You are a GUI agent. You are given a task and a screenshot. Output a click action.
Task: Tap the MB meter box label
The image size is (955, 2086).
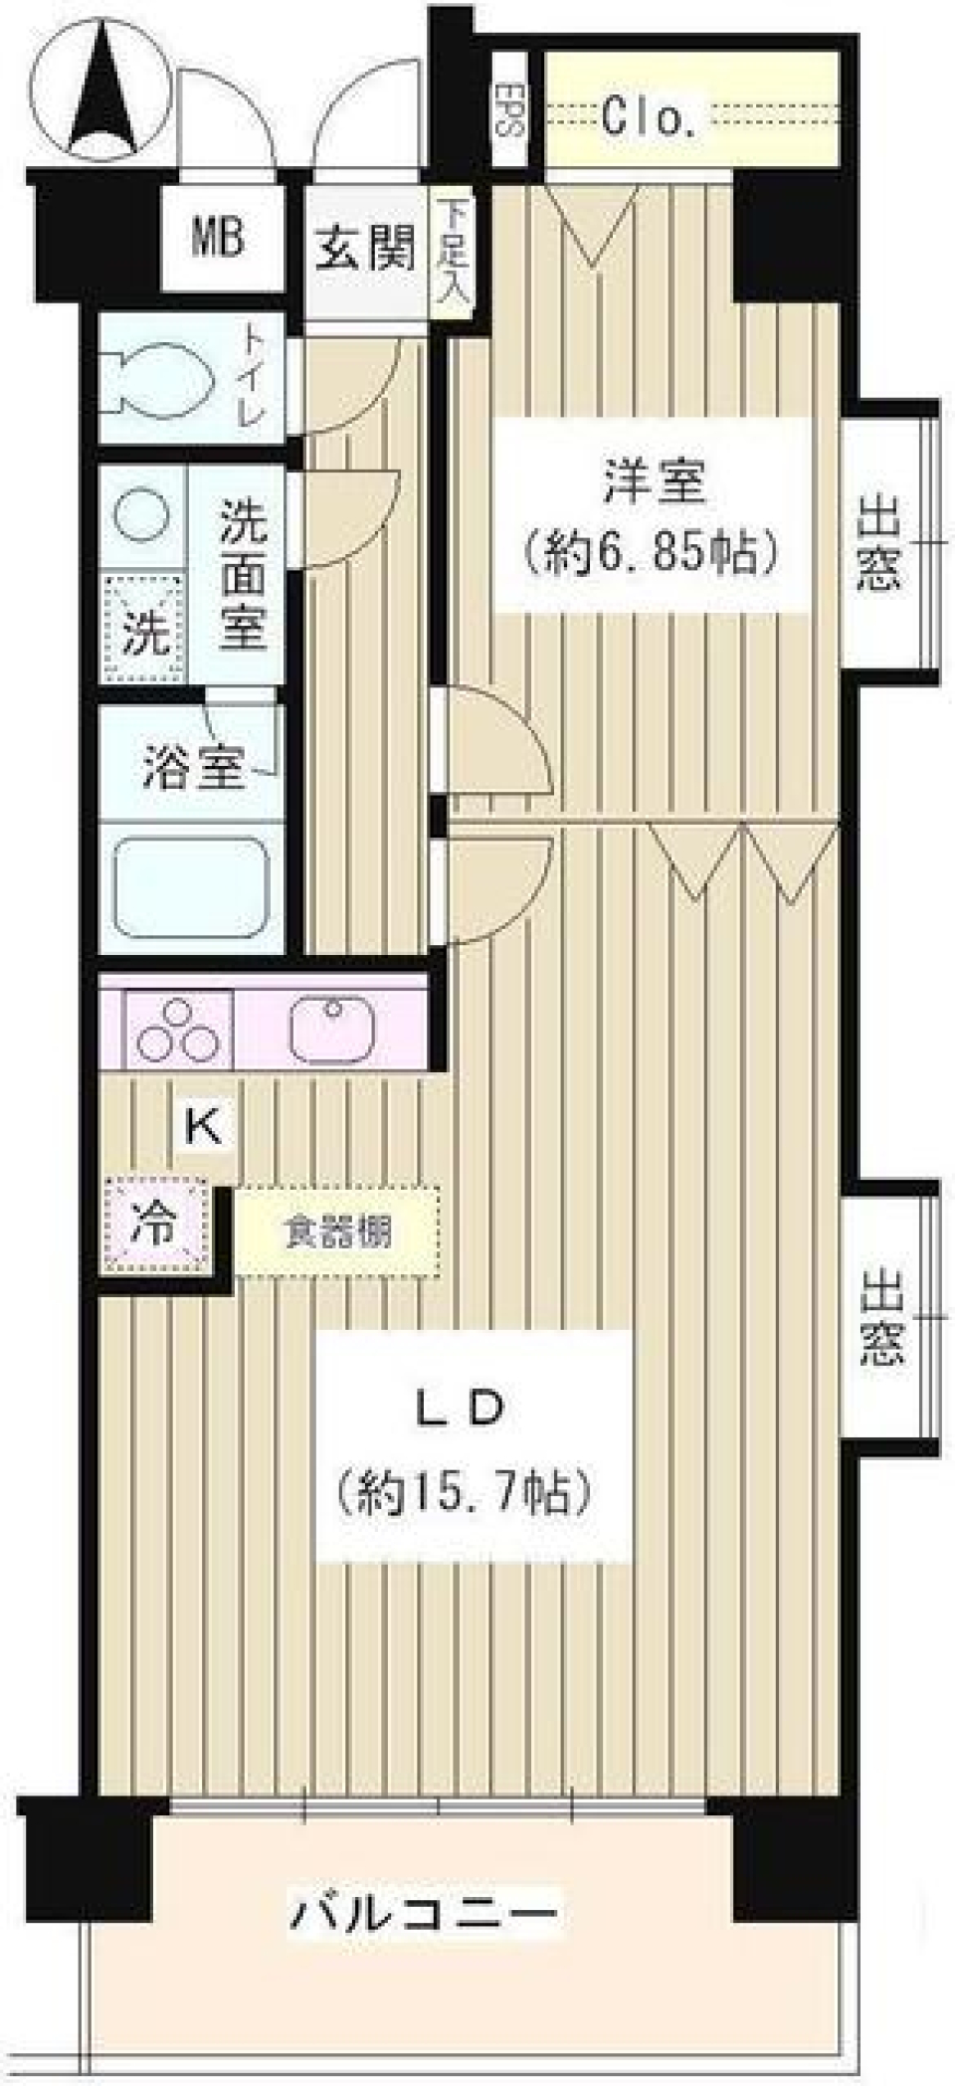click(219, 240)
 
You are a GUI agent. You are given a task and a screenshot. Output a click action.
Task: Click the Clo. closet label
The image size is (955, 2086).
click(650, 120)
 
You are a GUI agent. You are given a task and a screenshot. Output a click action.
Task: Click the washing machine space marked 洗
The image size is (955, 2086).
click(146, 631)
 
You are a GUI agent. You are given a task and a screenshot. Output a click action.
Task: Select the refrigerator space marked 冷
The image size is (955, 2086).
click(155, 1225)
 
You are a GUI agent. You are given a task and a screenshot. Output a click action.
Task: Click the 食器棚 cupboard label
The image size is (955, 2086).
click(338, 1233)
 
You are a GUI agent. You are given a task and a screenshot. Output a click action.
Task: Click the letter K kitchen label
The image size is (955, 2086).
click(204, 1127)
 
